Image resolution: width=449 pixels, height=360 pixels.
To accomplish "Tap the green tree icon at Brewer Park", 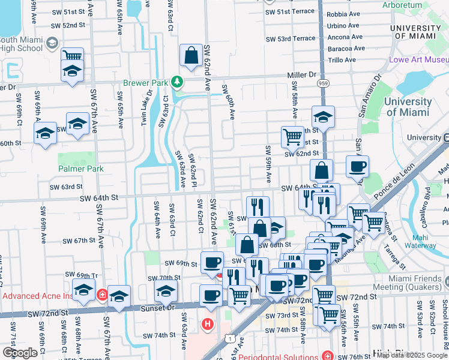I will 176,81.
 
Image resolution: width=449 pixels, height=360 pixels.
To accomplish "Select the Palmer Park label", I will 80,169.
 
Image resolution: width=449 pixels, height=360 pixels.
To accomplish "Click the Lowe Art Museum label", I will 419,60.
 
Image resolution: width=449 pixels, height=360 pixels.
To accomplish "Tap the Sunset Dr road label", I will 158,307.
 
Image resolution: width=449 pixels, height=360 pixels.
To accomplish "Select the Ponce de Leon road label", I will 394,182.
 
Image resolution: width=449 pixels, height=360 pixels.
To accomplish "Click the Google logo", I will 20,352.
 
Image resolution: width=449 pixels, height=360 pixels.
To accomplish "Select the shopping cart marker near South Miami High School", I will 72,56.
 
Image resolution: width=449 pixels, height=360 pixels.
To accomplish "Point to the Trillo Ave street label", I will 342,60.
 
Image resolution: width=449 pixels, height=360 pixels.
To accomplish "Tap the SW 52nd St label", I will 68,25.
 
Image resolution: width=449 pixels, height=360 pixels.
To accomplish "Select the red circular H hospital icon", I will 208,325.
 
